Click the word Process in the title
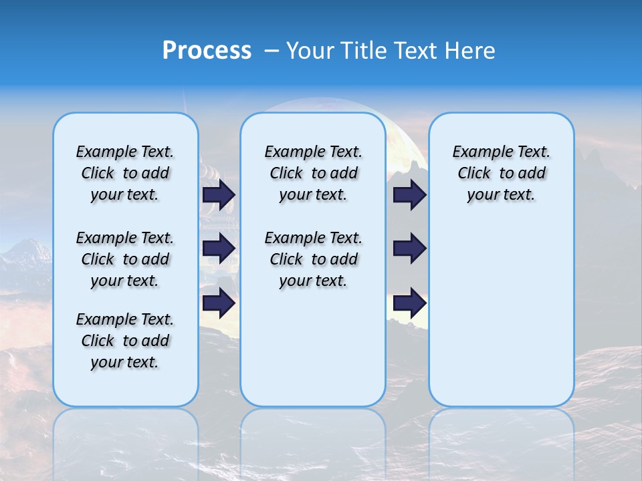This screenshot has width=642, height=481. tap(207, 51)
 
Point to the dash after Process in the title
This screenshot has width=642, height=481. tap(272, 51)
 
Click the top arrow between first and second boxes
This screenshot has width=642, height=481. tap(219, 194)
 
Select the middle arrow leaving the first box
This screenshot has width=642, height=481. tap(219, 249)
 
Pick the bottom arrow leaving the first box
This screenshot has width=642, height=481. tap(219, 303)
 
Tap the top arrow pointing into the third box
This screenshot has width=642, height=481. tap(409, 194)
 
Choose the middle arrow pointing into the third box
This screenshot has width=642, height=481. tap(409, 249)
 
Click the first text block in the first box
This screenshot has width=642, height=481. tap(125, 173)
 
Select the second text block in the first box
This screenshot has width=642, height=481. tap(125, 259)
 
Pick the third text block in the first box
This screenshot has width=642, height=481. tap(125, 341)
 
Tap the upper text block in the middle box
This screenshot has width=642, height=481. tap(313, 173)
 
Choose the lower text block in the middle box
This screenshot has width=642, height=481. tap(313, 259)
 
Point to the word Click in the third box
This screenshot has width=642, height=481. tap(474, 173)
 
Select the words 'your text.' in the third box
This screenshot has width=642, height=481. tap(501, 194)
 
